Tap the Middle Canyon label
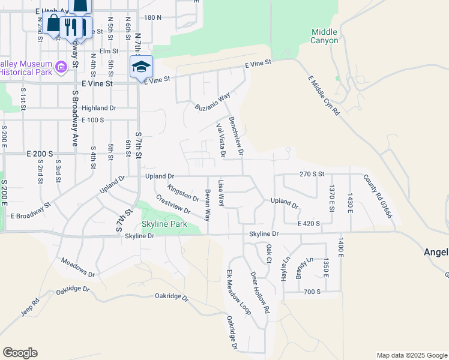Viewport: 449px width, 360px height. [x=325, y=36]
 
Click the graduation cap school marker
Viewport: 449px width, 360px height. [x=142, y=67]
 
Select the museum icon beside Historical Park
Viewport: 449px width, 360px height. [x=61, y=67]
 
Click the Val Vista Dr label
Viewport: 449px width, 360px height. [x=221, y=140]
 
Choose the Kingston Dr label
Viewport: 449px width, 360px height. [x=183, y=193]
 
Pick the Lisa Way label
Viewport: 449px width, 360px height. [x=221, y=191]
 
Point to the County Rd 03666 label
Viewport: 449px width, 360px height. [x=378, y=196]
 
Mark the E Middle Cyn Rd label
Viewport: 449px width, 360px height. [x=324, y=95]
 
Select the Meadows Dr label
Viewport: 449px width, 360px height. [x=78, y=268]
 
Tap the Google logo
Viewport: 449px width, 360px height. [x=20, y=353]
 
